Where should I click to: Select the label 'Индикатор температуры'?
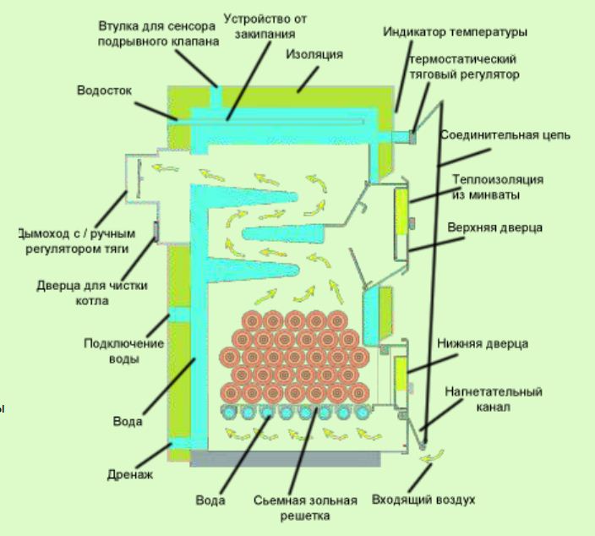click(x=455, y=32)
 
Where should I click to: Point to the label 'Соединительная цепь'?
click(x=505, y=134)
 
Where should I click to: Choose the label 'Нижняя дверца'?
click(x=494, y=344)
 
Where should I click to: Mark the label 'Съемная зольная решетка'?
click(x=306, y=506)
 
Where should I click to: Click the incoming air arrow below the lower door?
click(x=434, y=457)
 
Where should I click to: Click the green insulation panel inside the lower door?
click(x=400, y=373)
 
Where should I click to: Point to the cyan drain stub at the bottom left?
click(x=182, y=445)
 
